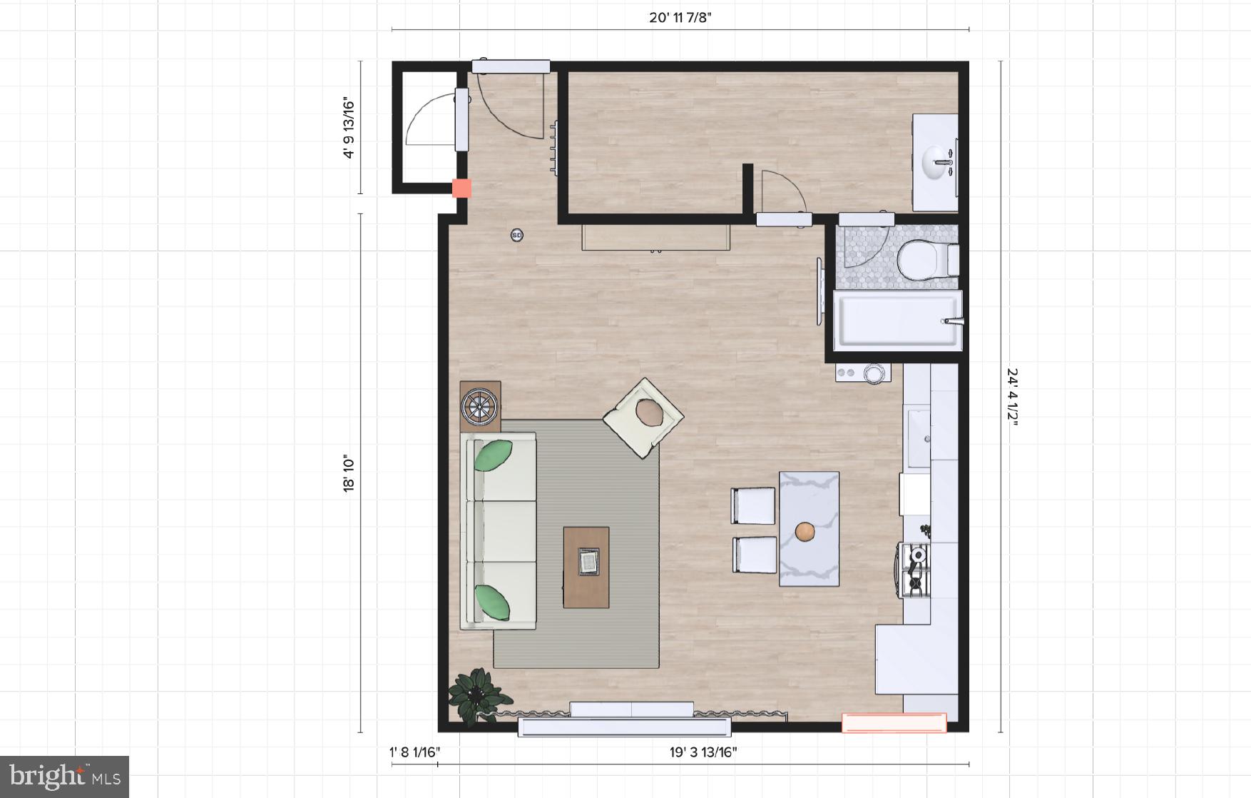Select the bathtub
[x=897, y=321]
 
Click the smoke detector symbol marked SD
[x=517, y=235]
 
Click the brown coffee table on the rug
[x=586, y=567]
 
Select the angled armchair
[x=643, y=418]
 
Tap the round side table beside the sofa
[x=480, y=407]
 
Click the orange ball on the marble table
[x=805, y=532]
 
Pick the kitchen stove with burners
[x=914, y=570]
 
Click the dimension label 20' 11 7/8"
[x=680, y=18]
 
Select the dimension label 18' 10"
[x=349, y=473]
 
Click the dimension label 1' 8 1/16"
[x=414, y=752]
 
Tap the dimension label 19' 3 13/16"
[x=703, y=752]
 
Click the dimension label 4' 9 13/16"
[x=349, y=128]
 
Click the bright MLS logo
[x=64, y=777]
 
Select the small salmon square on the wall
[x=461, y=188]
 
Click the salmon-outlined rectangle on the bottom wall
[x=894, y=723]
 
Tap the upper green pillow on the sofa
[x=493, y=455]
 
